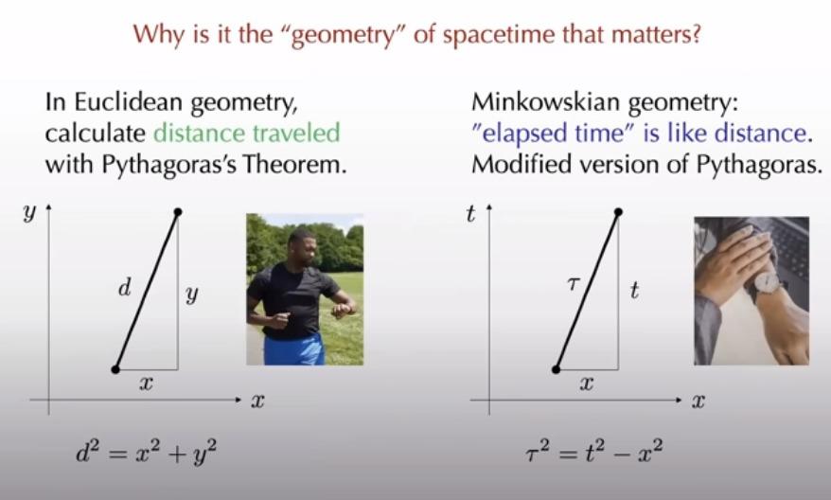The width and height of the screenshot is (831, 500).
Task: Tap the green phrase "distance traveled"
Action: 246,133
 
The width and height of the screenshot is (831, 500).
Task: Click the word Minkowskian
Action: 546,102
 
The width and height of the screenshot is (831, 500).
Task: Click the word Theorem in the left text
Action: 294,165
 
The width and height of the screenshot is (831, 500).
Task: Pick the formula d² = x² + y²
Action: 147,454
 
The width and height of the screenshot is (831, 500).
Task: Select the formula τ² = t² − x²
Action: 593,453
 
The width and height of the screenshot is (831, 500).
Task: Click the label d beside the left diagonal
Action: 124,289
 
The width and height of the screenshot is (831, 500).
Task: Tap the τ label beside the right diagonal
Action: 573,285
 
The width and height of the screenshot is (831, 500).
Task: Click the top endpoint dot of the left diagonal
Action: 178,212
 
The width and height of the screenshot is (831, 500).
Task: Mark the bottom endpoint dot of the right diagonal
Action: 556,369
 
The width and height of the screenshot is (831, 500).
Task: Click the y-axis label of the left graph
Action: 29,213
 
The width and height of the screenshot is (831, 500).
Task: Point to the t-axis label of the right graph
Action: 470,214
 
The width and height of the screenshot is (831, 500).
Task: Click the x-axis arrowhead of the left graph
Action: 238,400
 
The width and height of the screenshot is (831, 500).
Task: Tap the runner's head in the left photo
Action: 302,246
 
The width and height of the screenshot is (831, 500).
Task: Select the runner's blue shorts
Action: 294,350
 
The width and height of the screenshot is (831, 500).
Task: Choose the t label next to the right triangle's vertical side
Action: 634,291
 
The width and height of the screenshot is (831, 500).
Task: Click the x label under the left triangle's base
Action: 146,383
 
